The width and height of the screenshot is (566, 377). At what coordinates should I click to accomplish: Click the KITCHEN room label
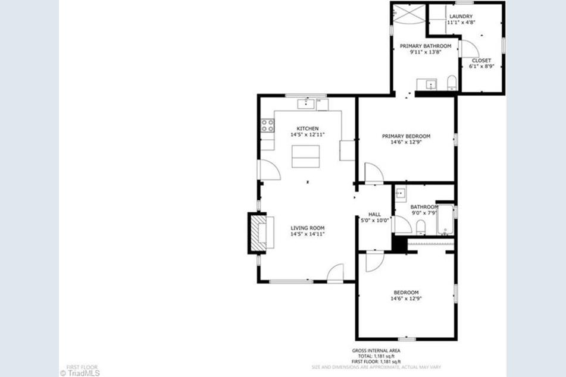(x=308, y=128)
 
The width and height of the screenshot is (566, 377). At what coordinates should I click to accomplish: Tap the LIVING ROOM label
(x=307, y=228)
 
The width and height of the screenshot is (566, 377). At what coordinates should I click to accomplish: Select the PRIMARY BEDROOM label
(x=406, y=136)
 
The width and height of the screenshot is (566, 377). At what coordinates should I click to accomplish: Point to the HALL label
(x=374, y=214)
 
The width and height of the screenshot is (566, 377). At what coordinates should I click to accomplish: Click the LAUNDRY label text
(x=461, y=16)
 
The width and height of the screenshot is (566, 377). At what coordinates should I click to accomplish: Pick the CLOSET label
(x=481, y=60)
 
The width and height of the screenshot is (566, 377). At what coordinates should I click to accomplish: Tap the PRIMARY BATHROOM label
(x=425, y=46)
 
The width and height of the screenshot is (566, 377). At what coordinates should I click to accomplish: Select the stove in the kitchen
(x=267, y=125)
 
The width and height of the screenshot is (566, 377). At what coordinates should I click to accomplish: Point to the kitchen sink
(x=306, y=105)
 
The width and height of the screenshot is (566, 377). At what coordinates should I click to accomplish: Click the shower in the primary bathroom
(x=408, y=13)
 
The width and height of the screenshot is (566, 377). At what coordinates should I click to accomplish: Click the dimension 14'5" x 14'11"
(x=307, y=234)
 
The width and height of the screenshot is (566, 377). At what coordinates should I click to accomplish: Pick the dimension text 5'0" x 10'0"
(x=374, y=221)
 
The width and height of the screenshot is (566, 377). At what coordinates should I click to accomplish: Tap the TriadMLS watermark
(x=80, y=373)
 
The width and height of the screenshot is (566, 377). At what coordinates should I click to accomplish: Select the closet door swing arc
(x=470, y=49)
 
